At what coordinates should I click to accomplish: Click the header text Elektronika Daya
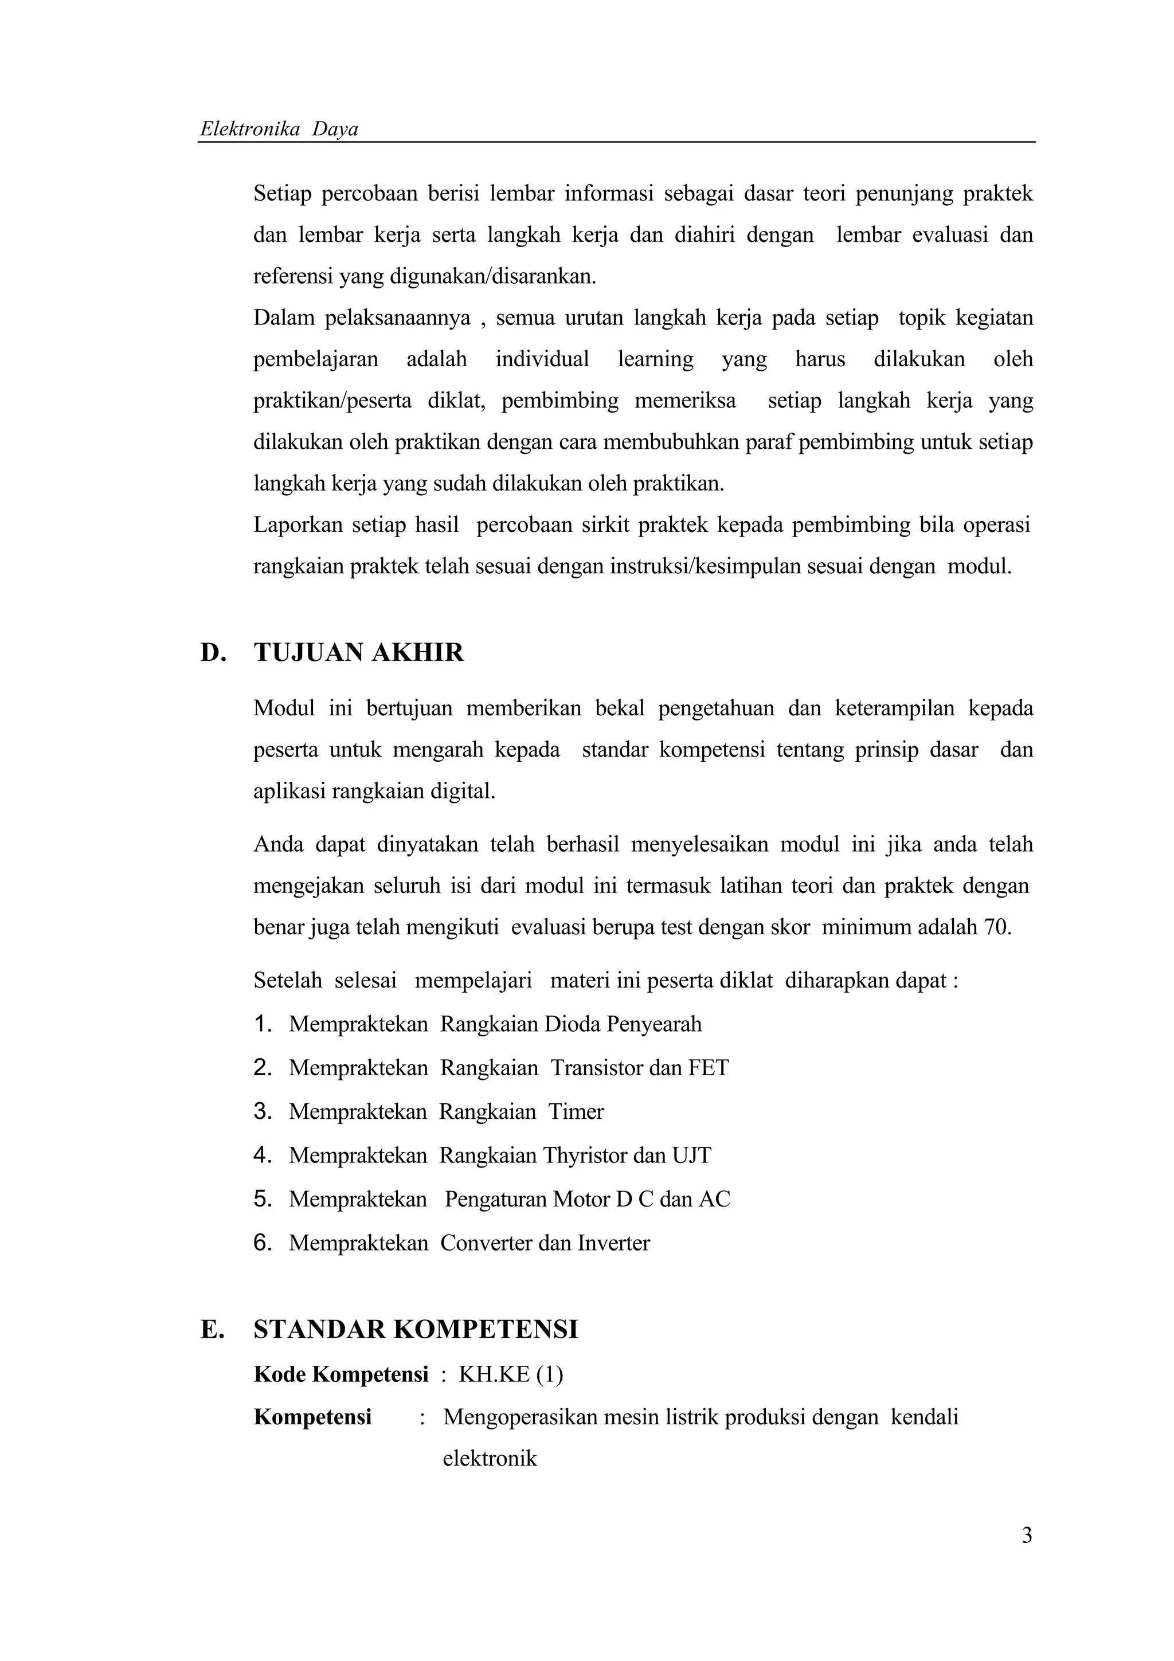(x=279, y=130)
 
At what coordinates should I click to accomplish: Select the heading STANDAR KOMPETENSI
(x=416, y=1330)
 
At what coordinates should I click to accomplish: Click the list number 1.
(x=263, y=1024)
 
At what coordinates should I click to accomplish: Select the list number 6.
(x=263, y=1243)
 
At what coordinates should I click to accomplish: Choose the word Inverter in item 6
(x=613, y=1243)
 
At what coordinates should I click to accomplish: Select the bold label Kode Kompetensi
(x=341, y=1374)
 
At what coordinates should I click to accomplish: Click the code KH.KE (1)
(x=511, y=1374)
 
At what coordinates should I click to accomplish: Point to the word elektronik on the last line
(x=490, y=1459)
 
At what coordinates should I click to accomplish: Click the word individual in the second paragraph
(x=542, y=359)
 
